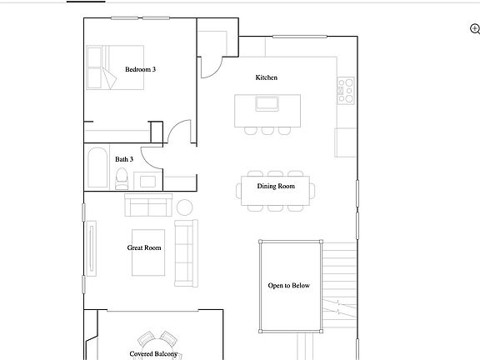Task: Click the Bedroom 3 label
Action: (140, 69)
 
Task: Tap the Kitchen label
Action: (267, 77)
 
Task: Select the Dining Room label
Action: (276, 186)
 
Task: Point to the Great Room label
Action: (144, 247)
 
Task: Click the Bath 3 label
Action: (124, 159)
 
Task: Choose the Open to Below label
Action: (288, 286)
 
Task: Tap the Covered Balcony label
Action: (154, 354)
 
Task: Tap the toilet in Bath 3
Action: (122, 177)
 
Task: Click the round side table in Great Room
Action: (185, 207)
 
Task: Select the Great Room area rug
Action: (145, 252)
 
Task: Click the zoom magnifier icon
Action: (474, 29)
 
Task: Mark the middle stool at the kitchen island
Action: (267, 130)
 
